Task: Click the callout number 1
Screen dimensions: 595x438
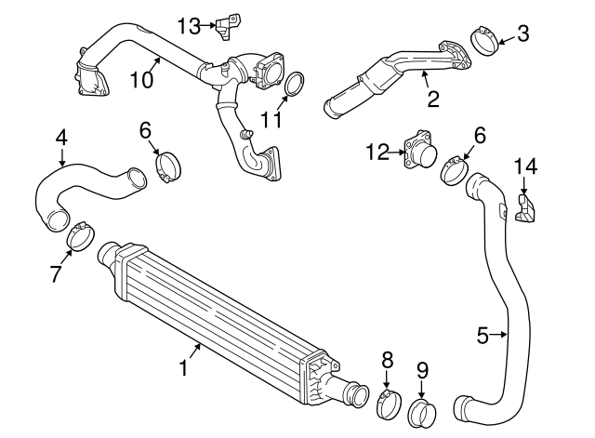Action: (x=184, y=367)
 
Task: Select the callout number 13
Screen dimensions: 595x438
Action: (x=189, y=26)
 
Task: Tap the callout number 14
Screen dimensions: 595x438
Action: (x=525, y=166)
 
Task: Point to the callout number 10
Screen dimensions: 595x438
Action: (x=141, y=80)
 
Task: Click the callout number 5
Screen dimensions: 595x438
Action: (x=483, y=336)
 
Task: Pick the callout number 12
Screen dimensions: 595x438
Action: (x=377, y=153)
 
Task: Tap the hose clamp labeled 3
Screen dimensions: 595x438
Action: (x=485, y=41)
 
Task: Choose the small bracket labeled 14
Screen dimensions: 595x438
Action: (x=524, y=208)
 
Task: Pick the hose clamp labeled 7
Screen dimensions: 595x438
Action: (x=81, y=237)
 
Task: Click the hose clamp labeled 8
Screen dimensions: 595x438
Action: (x=389, y=405)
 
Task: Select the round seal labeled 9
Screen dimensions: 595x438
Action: (x=422, y=413)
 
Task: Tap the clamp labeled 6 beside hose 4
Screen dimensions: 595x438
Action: (x=168, y=167)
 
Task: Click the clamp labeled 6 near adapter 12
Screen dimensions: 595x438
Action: (x=455, y=171)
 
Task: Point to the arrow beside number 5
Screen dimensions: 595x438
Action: (x=498, y=335)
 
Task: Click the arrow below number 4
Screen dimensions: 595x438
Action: (x=62, y=157)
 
